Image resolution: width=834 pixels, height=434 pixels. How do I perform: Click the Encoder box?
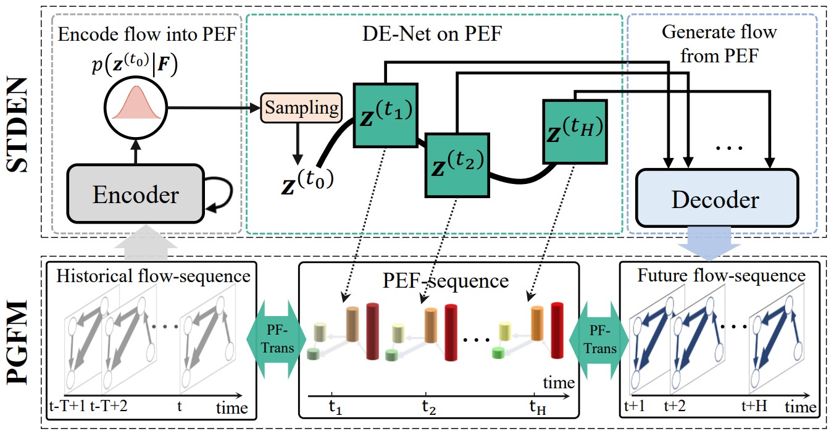pyautogui.click(x=135, y=194)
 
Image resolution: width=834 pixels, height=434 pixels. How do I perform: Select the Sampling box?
pyautogui.click(x=301, y=108)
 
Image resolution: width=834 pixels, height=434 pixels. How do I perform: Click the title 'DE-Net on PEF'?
pyautogui.click(x=433, y=35)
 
